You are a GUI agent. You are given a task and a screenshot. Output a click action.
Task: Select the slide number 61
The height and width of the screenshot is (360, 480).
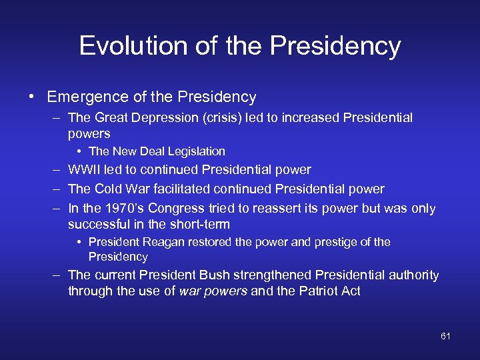[445, 336]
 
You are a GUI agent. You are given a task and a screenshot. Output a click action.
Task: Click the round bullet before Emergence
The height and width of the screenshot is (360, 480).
[32, 97]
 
